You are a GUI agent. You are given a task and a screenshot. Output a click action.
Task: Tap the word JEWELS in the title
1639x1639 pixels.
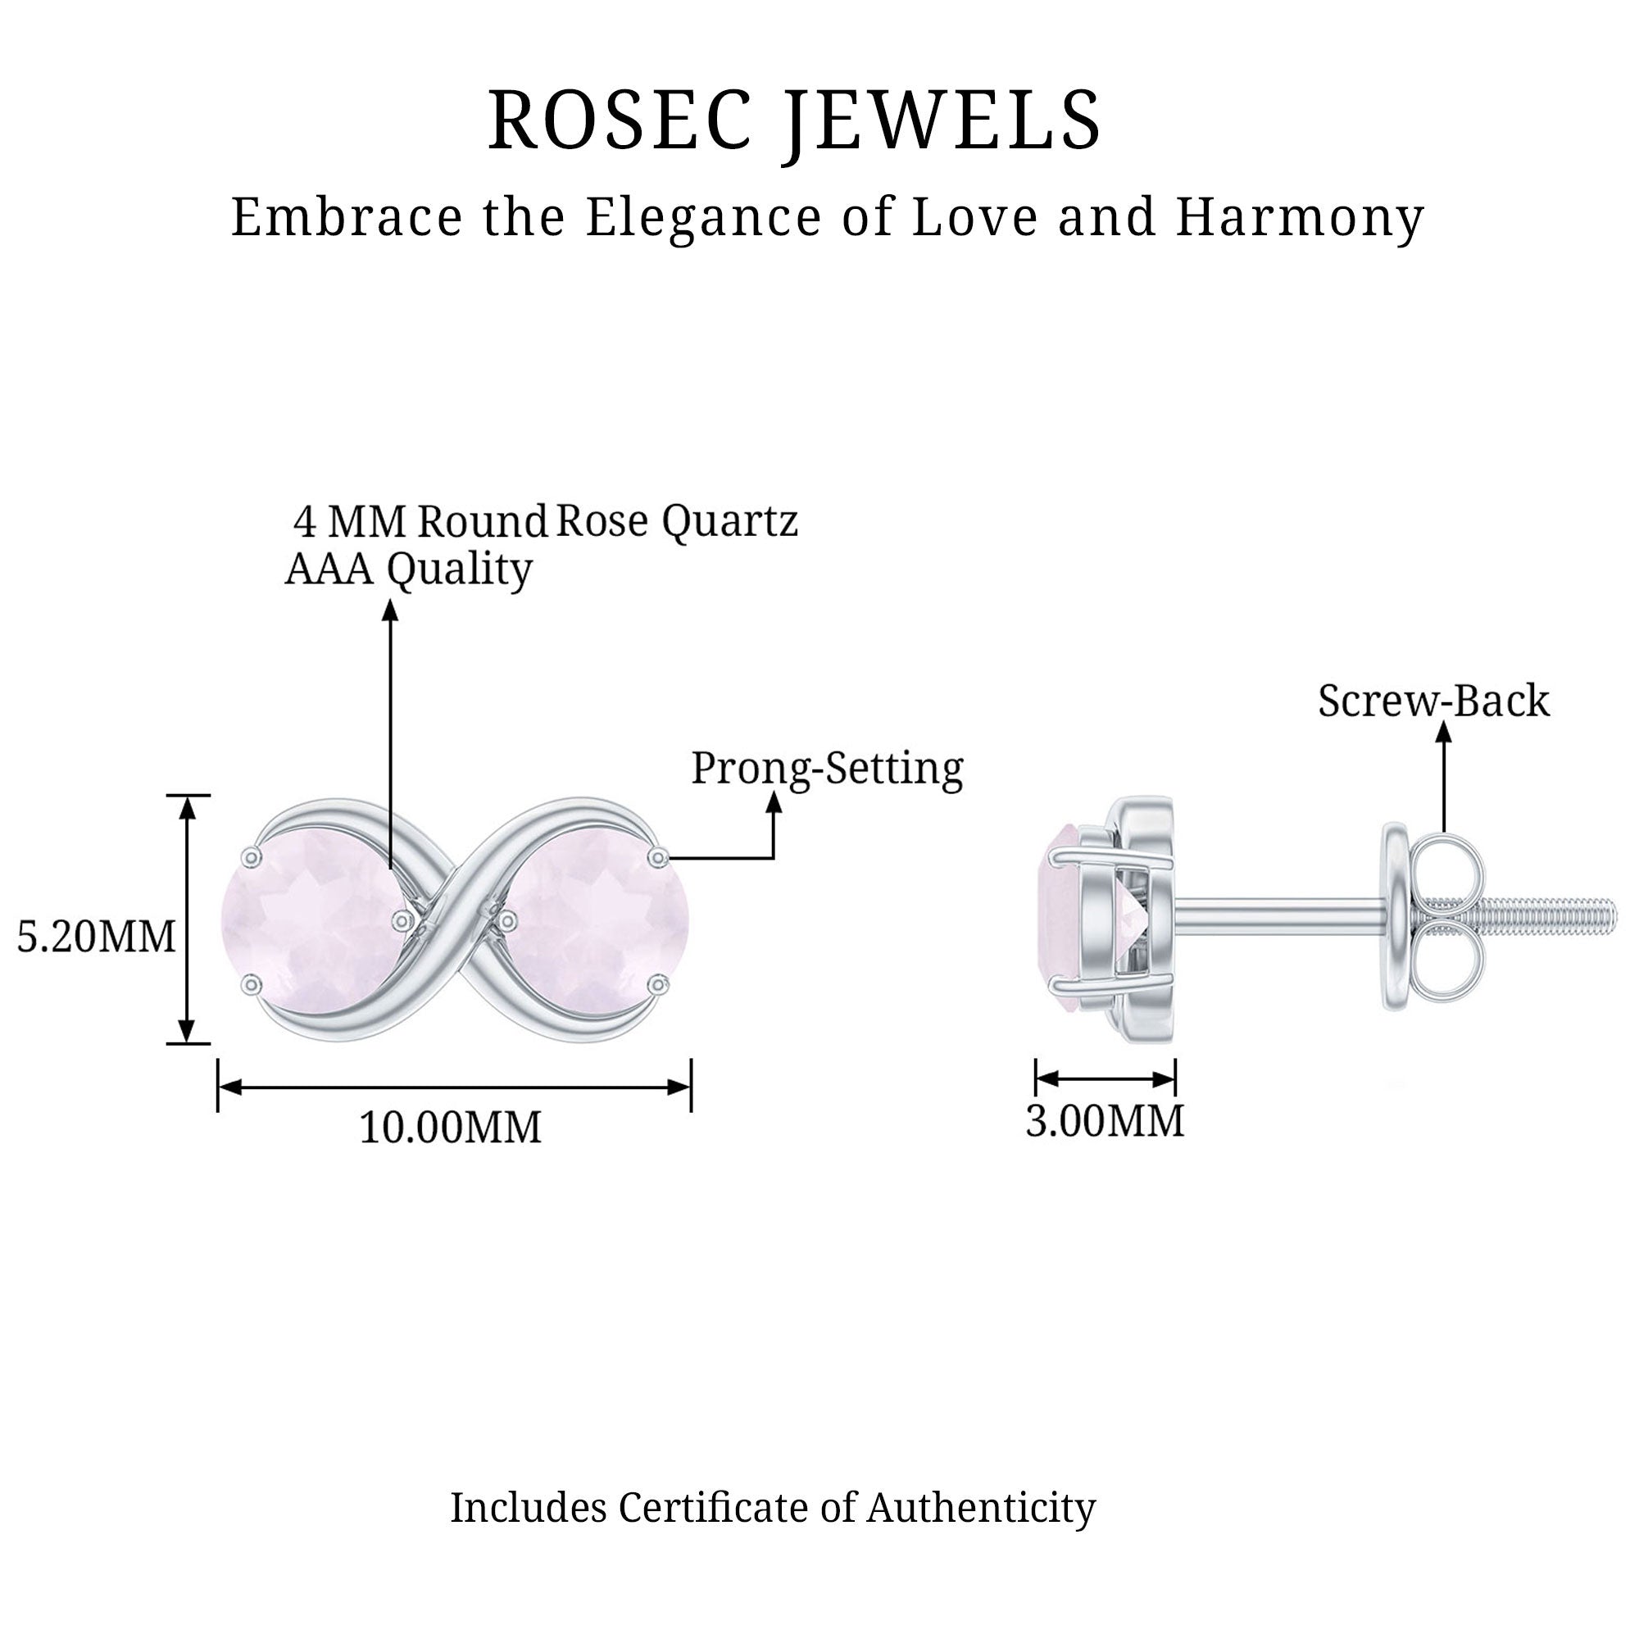pos(942,120)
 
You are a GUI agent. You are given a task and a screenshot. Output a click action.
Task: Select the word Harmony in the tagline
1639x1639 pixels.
pos(1299,217)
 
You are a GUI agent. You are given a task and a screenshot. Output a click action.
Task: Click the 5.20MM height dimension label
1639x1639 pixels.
pos(96,937)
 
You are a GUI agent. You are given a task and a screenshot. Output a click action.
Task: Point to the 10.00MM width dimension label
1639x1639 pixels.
pos(451,1128)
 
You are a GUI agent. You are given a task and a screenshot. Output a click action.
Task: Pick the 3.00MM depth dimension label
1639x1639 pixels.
pos(1104,1120)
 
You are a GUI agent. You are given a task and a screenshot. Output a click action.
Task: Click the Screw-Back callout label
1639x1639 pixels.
pos(1432,701)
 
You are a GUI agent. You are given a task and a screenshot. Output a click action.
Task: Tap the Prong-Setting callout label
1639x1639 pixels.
pos(827,769)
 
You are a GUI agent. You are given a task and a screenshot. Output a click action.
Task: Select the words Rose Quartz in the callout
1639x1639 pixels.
pos(677,520)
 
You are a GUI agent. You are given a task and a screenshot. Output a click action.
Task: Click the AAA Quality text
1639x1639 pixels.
pos(408,570)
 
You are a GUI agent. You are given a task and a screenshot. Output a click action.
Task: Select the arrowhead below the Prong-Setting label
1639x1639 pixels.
pos(773,801)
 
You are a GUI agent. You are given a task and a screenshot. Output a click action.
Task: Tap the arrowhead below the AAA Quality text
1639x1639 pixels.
pos(390,610)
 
